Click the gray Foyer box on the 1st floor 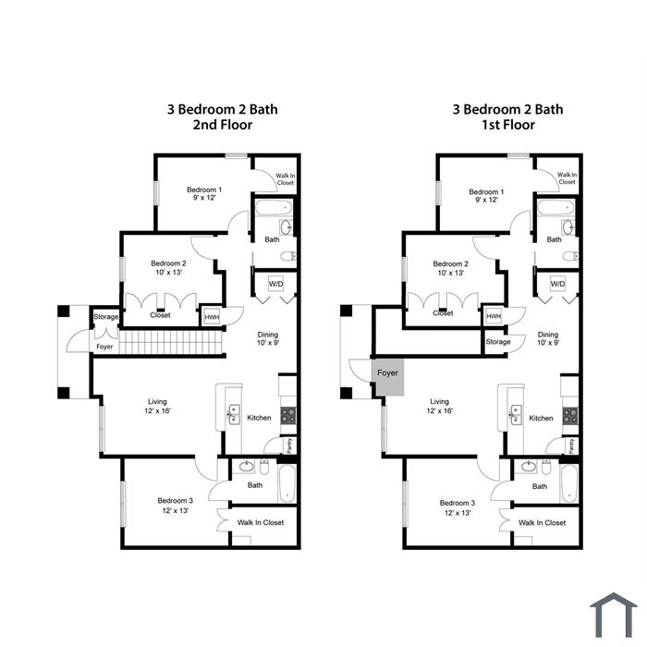[x=387, y=377]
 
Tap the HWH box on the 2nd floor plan [x=212, y=317]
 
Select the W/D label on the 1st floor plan [x=557, y=284]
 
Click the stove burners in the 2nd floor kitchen [x=288, y=416]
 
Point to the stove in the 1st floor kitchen [x=570, y=416]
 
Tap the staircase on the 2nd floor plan [x=171, y=342]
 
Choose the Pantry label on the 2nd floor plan [x=290, y=445]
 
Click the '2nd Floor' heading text [x=223, y=125]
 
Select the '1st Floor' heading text [x=508, y=125]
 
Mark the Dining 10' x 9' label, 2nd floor [x=268, y=338]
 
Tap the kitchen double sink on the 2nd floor [x=234, y=415]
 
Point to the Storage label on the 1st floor [x=498, y=342]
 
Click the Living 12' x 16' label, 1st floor [x=439, y=406]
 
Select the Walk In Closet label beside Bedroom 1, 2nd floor [x=285, y=179]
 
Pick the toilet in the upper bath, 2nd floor [x=288, y=256]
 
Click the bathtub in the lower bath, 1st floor [x=569, y=483]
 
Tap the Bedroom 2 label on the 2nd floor [x=168, y=267]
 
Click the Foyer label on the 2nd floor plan [x=104, y=347]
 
